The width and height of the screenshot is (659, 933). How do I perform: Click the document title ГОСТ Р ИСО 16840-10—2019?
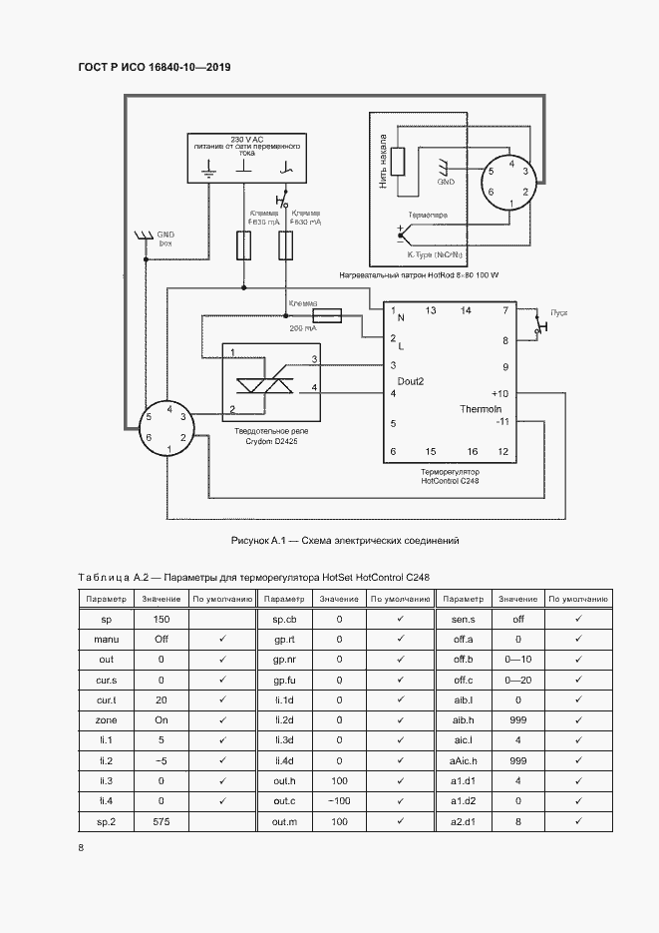(154, 68)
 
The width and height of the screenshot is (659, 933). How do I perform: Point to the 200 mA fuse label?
(303, 327)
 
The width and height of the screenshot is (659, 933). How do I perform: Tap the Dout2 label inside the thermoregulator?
(410, 381)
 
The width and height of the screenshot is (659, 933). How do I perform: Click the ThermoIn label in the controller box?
(480, 409)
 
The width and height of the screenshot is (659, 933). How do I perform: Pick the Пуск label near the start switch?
(560, 313)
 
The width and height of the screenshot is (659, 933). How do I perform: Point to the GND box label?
(165, 237)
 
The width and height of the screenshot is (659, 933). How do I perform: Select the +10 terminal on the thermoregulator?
(500, 393)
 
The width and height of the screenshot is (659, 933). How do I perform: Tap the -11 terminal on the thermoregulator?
(502, 422)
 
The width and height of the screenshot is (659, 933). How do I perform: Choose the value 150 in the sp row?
(161, 619)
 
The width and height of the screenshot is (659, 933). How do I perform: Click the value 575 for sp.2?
(161, 820)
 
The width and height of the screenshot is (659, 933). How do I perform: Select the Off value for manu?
(161, 639)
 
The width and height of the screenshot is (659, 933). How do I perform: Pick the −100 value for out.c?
(339, 800)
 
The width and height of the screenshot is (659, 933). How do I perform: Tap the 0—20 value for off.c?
(517, 680)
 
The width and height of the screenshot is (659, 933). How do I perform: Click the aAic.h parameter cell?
(462, 759)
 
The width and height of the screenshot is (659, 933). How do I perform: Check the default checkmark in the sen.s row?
(578, 619)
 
